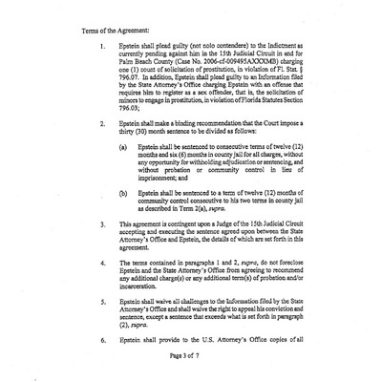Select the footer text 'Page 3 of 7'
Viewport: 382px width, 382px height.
[x=190, y=358]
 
